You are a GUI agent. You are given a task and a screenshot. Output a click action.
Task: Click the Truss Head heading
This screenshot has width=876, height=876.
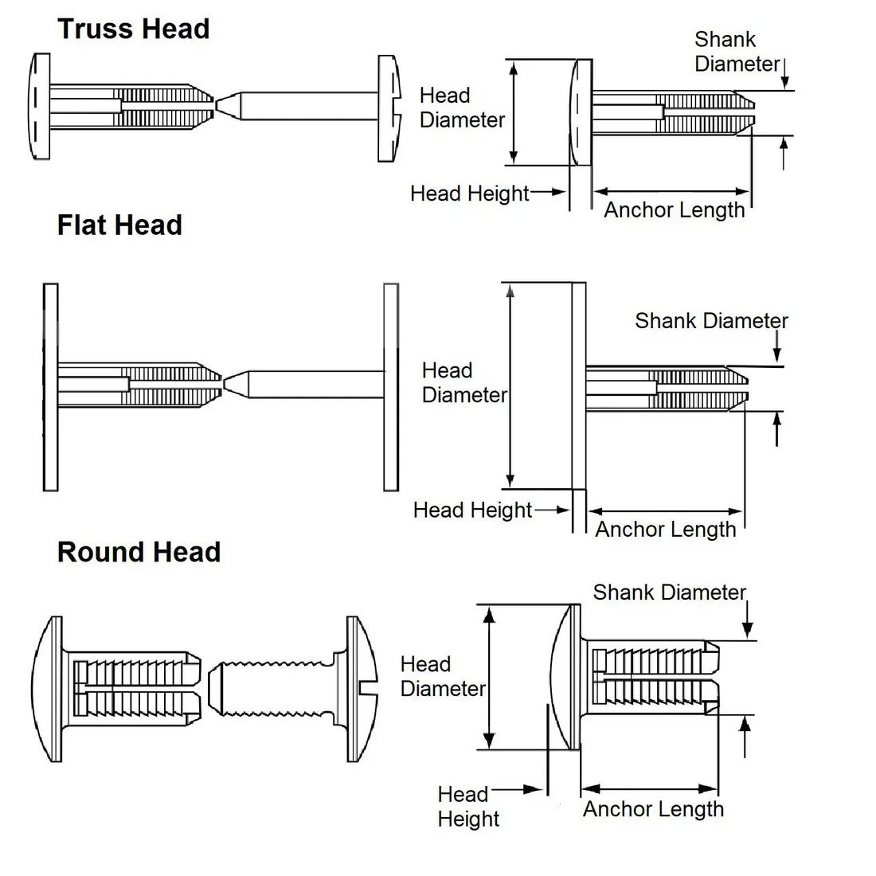coord(133,29)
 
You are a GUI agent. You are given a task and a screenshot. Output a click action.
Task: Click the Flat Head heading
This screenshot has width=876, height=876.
coord(119,225)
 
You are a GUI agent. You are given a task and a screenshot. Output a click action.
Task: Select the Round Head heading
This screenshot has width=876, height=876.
coord(139,552)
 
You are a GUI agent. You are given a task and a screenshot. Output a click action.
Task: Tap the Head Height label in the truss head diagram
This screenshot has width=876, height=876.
coord(469,194)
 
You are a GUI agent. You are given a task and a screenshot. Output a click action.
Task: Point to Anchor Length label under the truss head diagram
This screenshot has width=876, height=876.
coord(674,210)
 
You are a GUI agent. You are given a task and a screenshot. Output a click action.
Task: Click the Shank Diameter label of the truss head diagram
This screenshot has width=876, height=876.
coord(737,52)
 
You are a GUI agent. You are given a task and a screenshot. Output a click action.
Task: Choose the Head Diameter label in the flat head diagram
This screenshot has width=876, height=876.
coord(463,383)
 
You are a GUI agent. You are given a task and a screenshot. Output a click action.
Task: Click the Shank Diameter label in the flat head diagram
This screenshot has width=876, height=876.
coord(711,321)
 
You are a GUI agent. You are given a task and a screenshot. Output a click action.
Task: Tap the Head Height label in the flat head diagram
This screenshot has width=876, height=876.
coord(472,510)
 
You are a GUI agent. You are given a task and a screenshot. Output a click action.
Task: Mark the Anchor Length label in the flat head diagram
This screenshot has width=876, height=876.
coord(666,530)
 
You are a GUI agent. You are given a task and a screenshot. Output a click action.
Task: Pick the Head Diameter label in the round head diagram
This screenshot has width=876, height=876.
coord(443,676)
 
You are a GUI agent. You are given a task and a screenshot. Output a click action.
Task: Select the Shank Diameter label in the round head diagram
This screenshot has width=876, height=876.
coord(669,592)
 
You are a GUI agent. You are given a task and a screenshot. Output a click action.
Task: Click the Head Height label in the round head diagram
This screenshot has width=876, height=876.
coord(467,806)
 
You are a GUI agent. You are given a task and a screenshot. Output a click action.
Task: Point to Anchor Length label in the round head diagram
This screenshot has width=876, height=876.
coord(653,809)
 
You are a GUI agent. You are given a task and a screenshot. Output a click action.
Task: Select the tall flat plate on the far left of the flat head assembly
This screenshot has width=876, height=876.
coord(50,387)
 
